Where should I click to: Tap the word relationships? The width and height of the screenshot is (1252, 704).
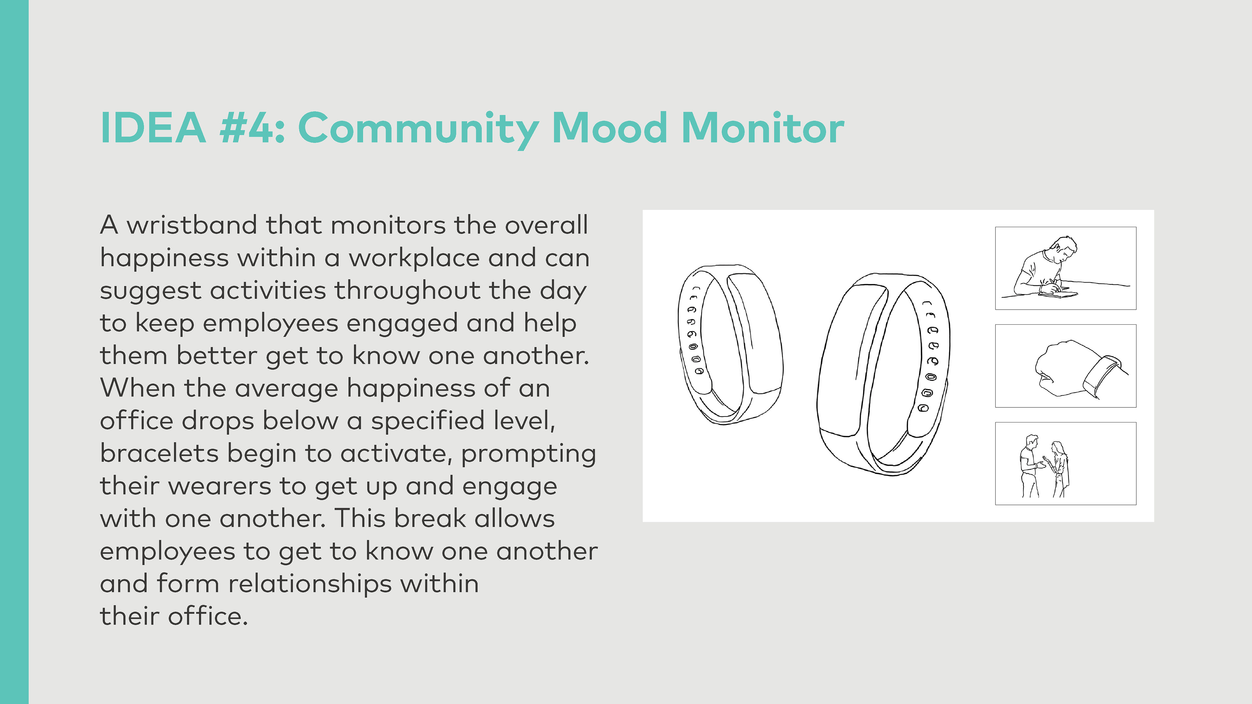click(x=310, y=584)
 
